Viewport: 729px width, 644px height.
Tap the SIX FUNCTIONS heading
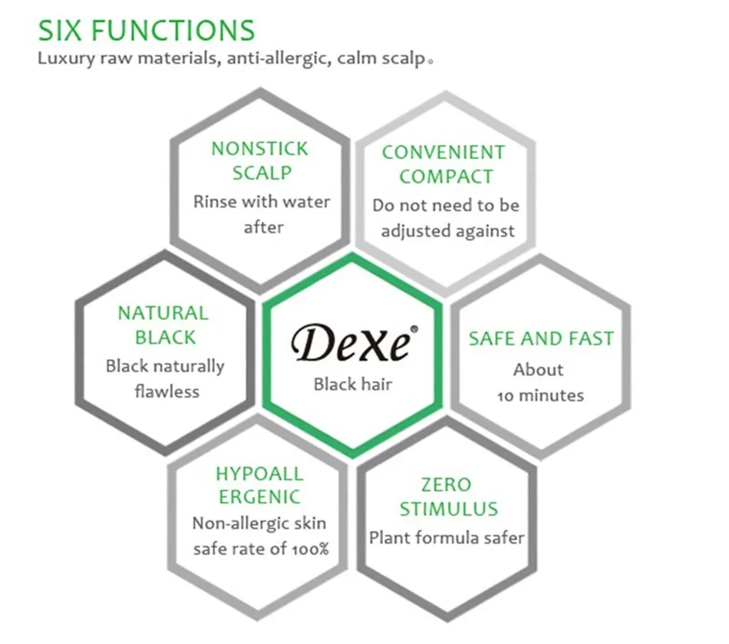pos(147,31)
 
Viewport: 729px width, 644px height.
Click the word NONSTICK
pos(259,149)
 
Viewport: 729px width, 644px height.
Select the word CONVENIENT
pos(444,153)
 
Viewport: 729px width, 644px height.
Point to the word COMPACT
pos(446,177)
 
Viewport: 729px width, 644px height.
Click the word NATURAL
pos(163,313)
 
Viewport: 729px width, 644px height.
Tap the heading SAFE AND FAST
pos(541,339)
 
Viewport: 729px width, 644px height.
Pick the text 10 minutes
pos(540,396)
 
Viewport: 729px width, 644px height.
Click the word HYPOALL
pos(259,474)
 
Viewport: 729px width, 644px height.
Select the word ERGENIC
pos(259,497)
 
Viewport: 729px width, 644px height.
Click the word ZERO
pos(447,485)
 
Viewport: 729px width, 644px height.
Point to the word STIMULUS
pos(449,509)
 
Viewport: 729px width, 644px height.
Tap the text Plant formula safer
pos(447,538)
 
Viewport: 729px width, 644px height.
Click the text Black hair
pos(353,384)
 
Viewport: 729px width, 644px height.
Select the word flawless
pos(167,391)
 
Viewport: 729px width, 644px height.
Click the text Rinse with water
pos(262,202)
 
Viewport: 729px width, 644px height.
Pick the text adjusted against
pos(447,231)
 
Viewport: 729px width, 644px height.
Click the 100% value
pos(310,549)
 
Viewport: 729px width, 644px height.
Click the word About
pos(539,370)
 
